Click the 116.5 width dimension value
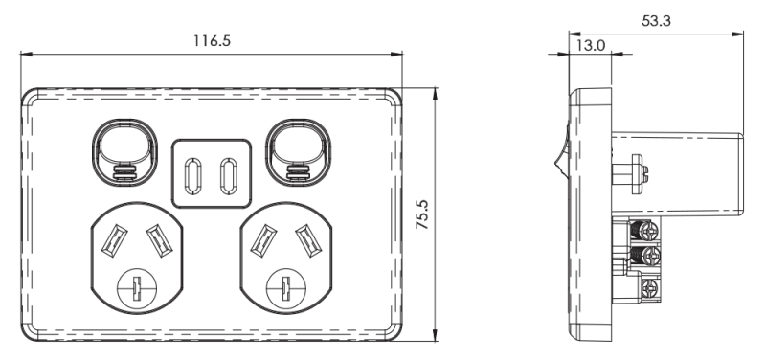tap(212, 40)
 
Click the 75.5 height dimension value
tap(422, 214)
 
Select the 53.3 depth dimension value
tap(656, 21)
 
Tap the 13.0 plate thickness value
tap(591, 45)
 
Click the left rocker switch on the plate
tap(124, 152)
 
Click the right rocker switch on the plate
tap(298, 152)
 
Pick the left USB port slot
tap(192, 176)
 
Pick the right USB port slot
tap(228, 176)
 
